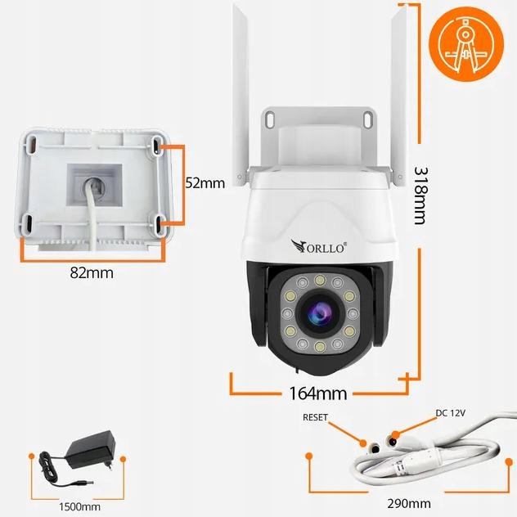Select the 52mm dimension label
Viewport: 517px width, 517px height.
(205, 183)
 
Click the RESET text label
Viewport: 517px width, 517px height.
(315, 417)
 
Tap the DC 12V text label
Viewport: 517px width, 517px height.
(449, 413)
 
